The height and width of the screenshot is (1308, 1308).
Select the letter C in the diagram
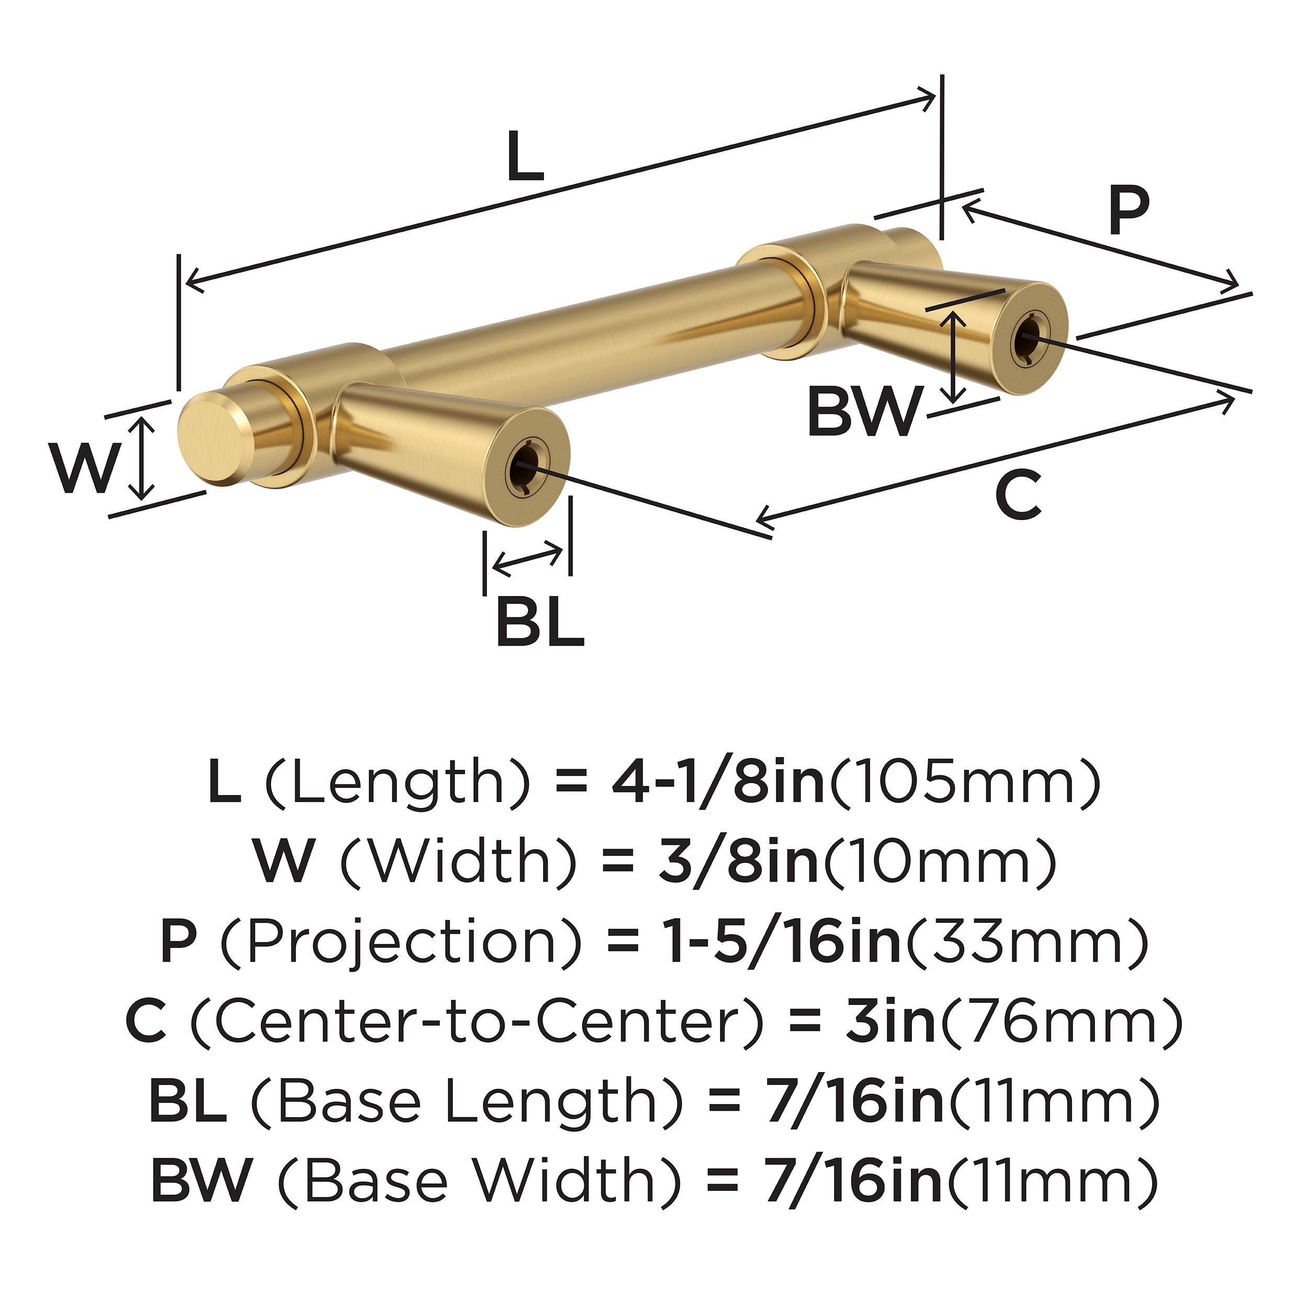[1018, 497]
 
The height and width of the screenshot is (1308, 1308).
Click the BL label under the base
[539, 622]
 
